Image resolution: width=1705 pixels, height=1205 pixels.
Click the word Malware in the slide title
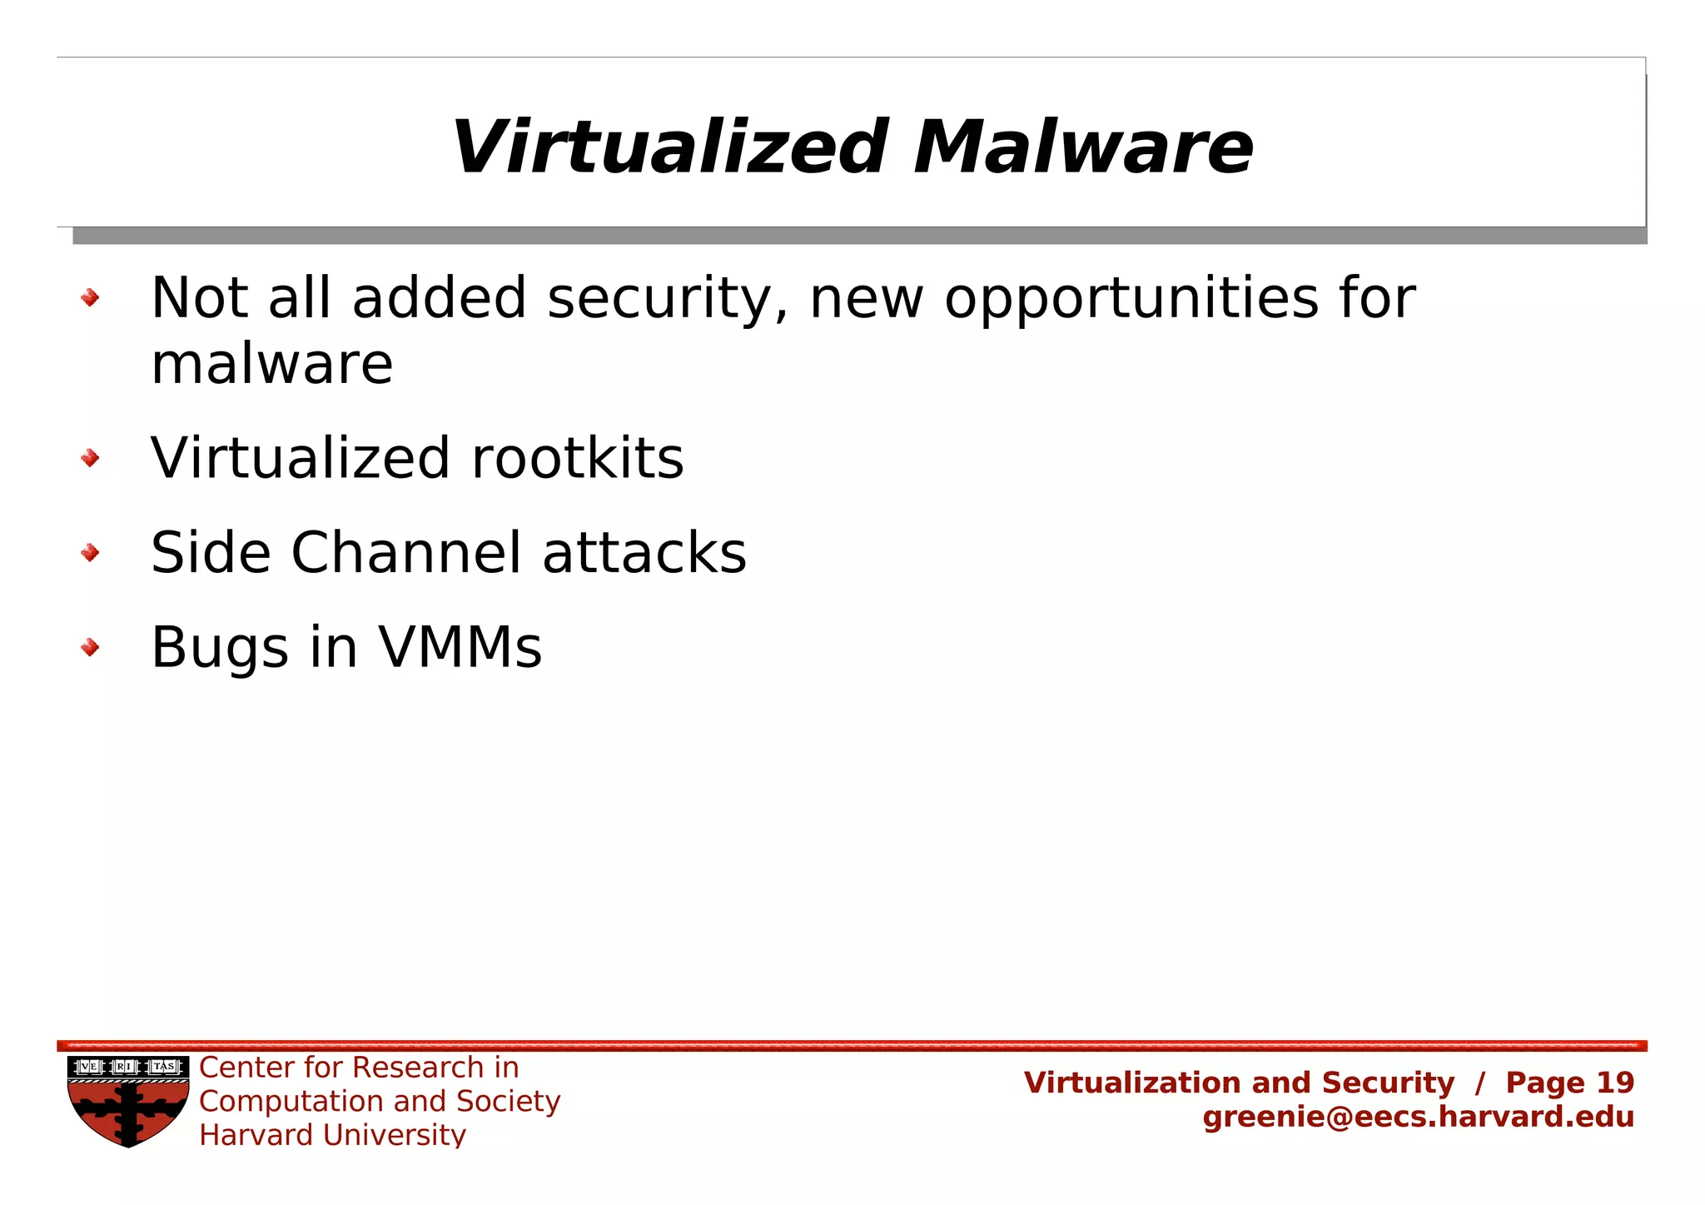[1082, 148]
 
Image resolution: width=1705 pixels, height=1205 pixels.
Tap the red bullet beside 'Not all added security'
[90, 297]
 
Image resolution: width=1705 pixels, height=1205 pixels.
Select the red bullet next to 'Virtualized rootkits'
[90, 458]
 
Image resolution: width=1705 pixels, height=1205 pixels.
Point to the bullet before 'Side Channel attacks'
[90, 553]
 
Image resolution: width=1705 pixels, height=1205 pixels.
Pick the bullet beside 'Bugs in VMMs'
[90, 647]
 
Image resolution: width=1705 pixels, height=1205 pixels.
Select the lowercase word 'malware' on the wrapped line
[271, 365]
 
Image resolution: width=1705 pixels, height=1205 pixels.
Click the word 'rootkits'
[577, 458]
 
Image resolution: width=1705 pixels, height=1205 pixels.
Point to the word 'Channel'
[406, 553]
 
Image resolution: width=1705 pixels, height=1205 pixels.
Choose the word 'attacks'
[644, 553]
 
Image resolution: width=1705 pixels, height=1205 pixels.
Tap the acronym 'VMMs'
[460, 647]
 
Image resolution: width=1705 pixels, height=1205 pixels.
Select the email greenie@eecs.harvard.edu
[1418, 1117]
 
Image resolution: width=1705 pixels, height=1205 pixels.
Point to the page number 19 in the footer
[1615, 1083]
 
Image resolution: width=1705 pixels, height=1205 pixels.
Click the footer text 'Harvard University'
[332, 1135]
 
